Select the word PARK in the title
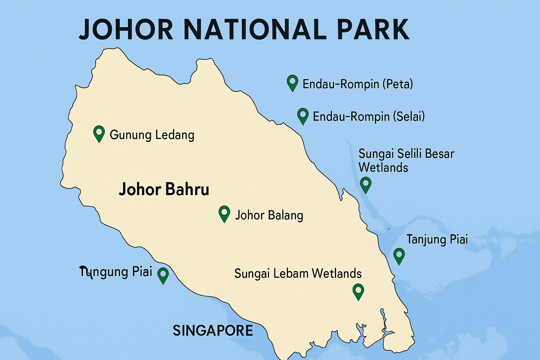pos(373,30)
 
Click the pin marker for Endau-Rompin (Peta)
pos(292,82)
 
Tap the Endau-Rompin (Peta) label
pos(358,84)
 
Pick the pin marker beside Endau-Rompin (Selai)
pos(303,115)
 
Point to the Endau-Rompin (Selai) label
pos(368,116)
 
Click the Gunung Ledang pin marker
pos(99,133)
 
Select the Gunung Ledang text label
pos(152,135)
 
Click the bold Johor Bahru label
pos(164,189)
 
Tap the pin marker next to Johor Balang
pos(224,213)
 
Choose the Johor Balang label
pos(269,215)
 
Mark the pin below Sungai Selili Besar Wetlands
pos(366,184)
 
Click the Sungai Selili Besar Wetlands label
pos(406,160)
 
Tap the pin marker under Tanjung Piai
pos(399,255)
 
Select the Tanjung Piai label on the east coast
pos(437,239)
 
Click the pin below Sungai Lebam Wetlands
pos(358,291)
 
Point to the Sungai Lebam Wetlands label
pos(298,274)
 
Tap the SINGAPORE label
pos(213,330)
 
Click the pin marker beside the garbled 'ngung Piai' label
pos(163,275)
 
